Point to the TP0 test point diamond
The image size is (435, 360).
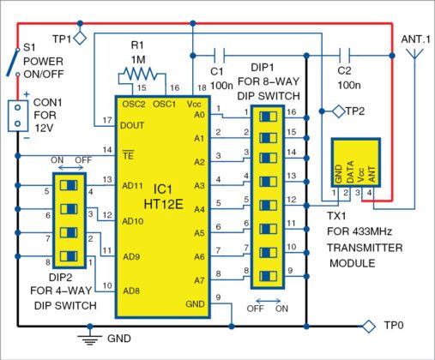[x=369, y=325]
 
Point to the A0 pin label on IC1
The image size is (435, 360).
[x=200, y=113]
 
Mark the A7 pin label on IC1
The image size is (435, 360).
[x=200, y=279]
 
